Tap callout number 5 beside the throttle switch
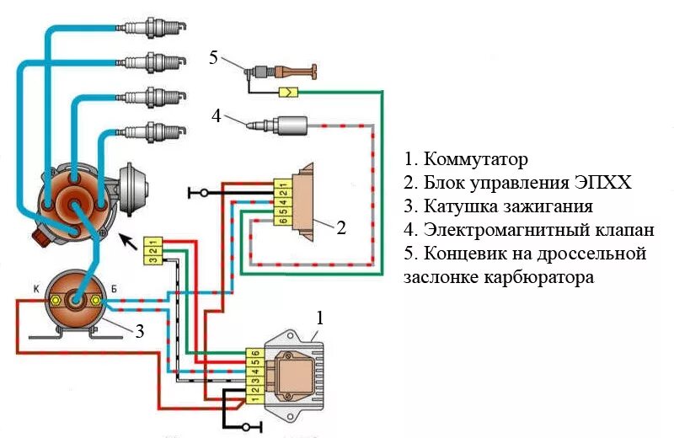point(213,57)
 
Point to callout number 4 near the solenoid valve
point(217,116)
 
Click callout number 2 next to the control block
point(341,227)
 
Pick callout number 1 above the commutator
point(319,318)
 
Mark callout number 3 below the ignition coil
point(140,332)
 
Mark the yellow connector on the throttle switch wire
point(287,91)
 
